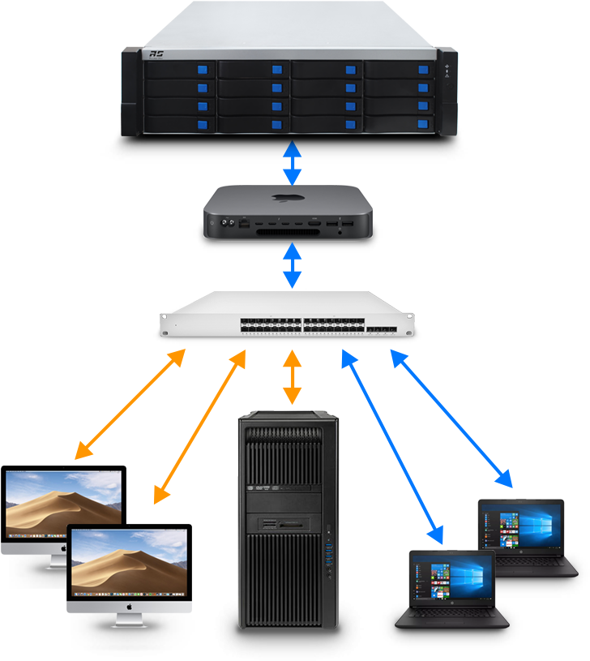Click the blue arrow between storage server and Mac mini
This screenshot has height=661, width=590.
coord(291,164)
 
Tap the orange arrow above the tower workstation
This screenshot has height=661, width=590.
coord(291,378)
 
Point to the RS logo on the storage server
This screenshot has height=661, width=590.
coord(156,55)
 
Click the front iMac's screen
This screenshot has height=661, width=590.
coord(130,560)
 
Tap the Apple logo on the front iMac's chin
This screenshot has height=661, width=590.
coord(130,605)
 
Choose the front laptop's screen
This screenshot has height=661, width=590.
coord(451,578)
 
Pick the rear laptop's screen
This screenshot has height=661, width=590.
coord(521,529)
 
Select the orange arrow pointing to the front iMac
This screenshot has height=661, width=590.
coord(200,427)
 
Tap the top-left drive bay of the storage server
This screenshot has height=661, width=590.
coord(180,70)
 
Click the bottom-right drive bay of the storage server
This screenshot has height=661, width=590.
coord(399,124)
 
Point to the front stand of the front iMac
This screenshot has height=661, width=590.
coord(130,620)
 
